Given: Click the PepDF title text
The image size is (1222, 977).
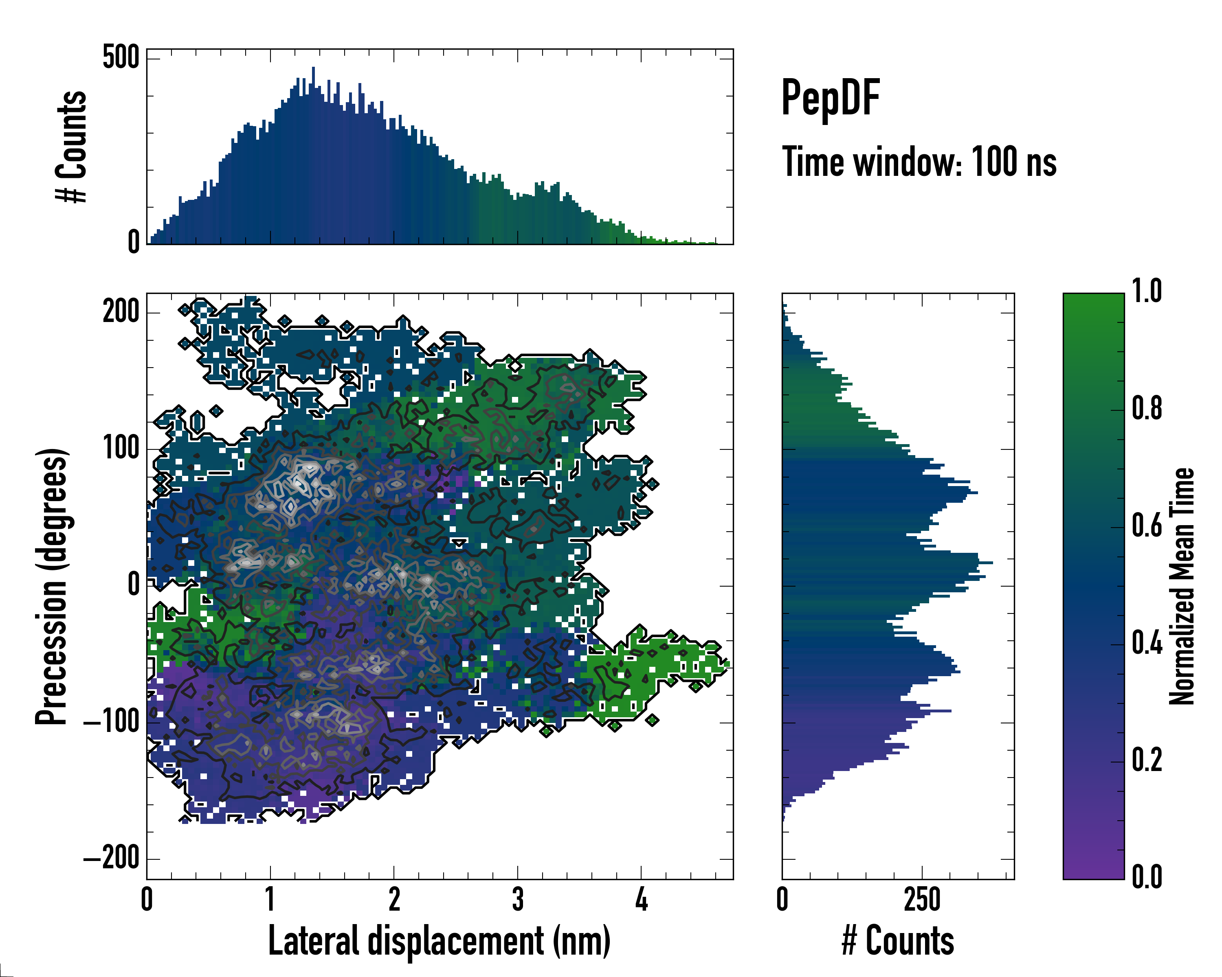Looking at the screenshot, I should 830,99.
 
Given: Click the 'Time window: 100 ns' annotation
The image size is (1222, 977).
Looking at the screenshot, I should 919,162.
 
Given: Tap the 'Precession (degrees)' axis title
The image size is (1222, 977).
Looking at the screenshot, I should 52,586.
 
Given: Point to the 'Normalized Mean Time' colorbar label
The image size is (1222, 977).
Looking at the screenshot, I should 1181,586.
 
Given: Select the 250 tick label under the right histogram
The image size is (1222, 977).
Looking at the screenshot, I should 922,899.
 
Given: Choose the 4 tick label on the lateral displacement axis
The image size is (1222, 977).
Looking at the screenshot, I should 641,899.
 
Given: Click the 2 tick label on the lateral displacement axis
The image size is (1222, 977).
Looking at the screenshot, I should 394,899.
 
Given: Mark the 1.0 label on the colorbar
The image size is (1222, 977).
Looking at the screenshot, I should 1147,292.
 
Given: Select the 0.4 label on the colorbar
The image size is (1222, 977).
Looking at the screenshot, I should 1147,644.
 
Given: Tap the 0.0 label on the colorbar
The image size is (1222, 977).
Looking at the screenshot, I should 1147,877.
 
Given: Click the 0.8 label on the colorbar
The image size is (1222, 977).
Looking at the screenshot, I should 1147,409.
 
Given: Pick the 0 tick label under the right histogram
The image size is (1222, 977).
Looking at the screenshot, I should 782,899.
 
